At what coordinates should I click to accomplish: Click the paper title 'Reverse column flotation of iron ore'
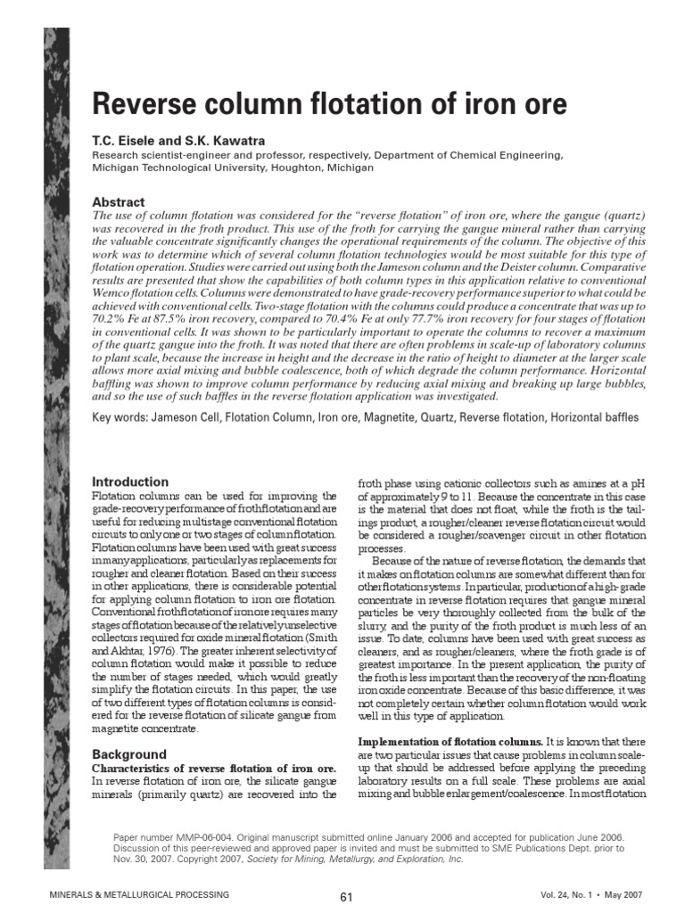[329, 105]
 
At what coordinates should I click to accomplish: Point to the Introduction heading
[130, 481]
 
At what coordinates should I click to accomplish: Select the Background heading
[129, 754]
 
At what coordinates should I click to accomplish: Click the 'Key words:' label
[120, 417]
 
